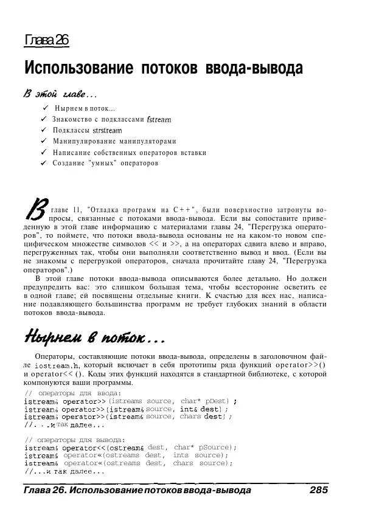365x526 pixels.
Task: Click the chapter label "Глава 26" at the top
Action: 47,41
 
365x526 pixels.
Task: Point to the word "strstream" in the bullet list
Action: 107,130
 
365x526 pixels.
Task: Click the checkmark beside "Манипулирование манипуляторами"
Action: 44,141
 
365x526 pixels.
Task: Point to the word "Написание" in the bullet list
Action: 71,152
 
